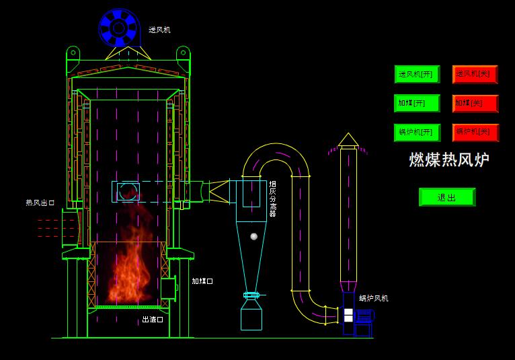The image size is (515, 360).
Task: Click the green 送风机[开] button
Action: click(x=417, y=74)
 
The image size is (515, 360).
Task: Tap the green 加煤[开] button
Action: click(x=417, y=103)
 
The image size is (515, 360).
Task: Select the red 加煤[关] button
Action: click(x=475, y=103)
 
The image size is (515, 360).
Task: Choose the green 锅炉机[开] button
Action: click(x=417, y=133)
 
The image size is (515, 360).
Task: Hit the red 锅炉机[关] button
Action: click(x=475, y=133)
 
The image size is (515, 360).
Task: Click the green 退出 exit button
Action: click(x=446, y=197)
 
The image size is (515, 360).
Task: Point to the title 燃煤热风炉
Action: click(x=449, y=160)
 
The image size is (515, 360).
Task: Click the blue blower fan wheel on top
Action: click(x=119, y=28)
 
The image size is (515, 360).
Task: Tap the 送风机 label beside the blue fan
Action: click(x=159, y=30)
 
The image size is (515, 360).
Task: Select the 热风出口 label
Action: click(x=40, y=203)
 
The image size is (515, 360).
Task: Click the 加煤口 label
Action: click(x=202, y=281)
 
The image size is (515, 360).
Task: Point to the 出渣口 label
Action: click(x=153, y=320)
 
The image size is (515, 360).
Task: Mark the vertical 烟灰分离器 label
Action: click(x=272, y=199)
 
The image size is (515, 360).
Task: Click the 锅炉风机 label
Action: click(x=373, y=298)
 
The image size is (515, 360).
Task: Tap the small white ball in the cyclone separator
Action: click(x=253, y=236)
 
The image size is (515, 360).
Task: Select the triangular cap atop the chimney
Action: click(x=348, y=139)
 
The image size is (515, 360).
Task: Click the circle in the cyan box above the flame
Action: click(x=128, y=192)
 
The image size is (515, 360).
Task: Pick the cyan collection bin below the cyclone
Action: click(x=251, y=315)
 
